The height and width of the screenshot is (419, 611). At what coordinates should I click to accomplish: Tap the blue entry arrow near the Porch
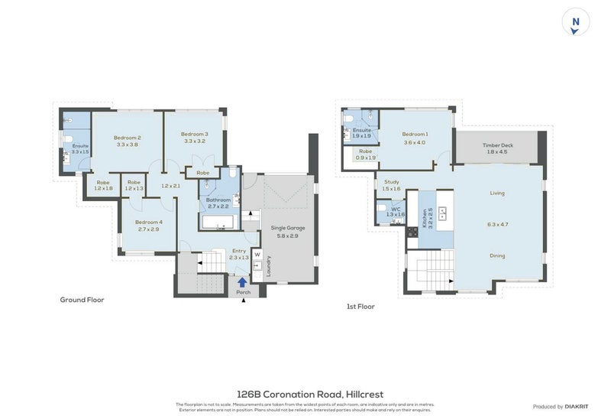tap(242, 282)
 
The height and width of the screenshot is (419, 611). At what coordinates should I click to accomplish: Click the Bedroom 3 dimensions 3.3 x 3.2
tap(195, 141)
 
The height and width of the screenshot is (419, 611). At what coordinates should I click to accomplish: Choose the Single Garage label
tap(289, 229)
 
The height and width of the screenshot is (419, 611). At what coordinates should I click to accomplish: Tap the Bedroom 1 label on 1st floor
tap(415, 135)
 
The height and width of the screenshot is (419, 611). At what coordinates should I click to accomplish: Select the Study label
tap(391, 181)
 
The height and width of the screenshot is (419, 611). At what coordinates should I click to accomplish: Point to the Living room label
tap(497, 193)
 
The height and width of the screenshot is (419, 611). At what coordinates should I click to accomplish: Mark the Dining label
tap(497, 256)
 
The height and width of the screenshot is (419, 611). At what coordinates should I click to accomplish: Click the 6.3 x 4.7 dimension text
tap(497, 225)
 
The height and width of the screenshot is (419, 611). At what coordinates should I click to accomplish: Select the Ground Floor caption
tap(82, 300)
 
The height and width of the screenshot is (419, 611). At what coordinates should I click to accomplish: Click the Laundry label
tap(269, 266)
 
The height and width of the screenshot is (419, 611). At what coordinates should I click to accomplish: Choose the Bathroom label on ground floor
tap(218, 200)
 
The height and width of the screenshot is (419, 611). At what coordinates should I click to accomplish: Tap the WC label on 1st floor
tap(395, 208)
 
